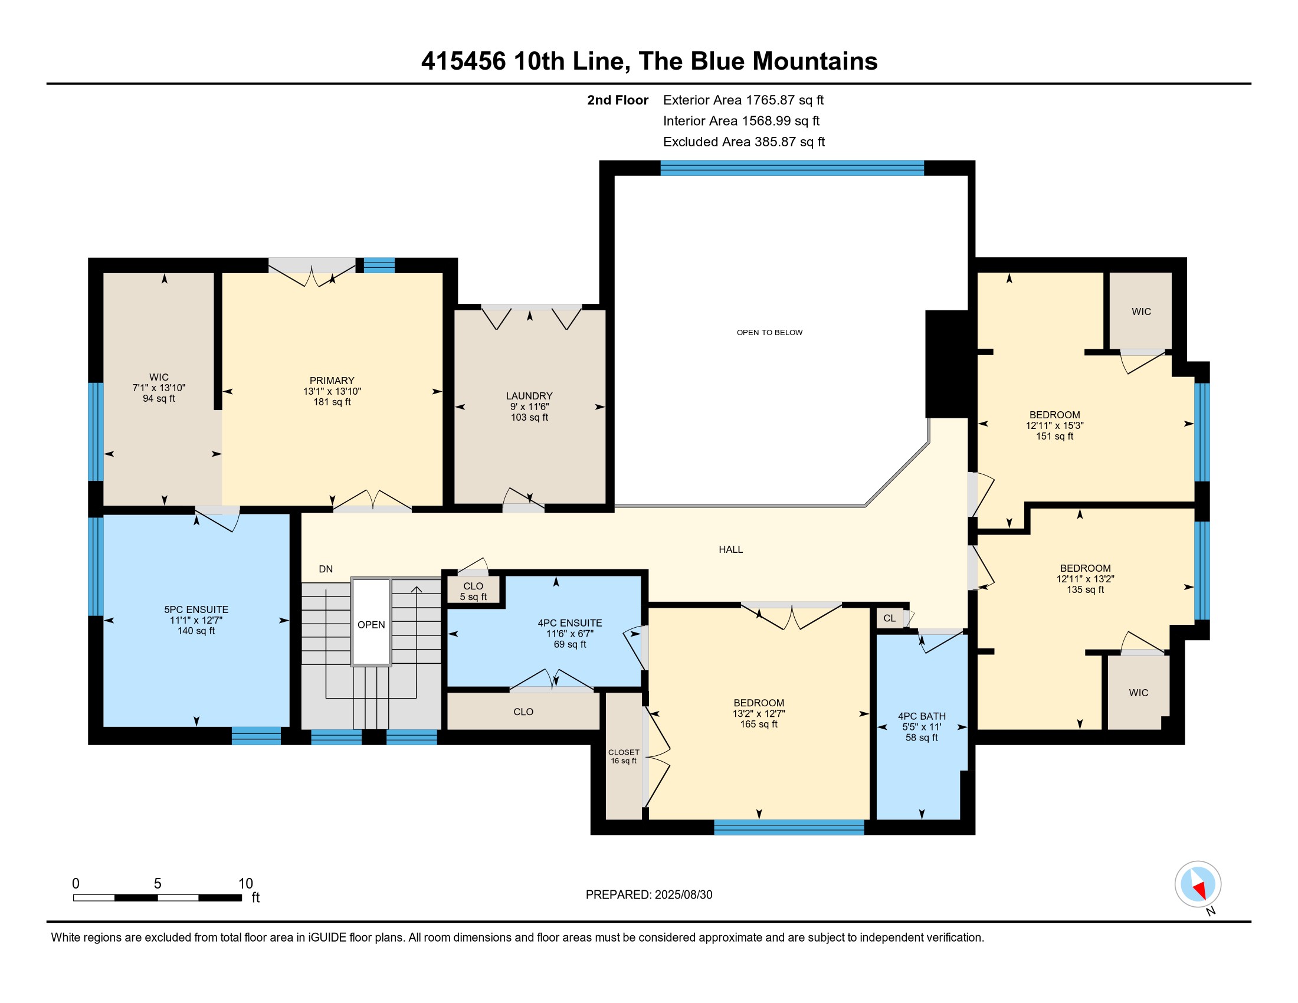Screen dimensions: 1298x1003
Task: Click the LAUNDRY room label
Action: coord(529,396)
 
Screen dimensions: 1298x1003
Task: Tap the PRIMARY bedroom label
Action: coord(332,381)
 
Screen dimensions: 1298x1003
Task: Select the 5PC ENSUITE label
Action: coord(196,609)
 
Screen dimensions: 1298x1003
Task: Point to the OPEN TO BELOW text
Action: coord(769,332)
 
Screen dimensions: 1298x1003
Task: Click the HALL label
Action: coord(730,549)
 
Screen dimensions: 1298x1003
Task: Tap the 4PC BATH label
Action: coord(922,716)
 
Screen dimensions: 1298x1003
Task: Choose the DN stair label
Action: coord(326,569)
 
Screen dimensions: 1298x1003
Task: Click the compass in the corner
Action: coord(1198,884)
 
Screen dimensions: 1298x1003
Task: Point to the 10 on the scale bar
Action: coord(245,883)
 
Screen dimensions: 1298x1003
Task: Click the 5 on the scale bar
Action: coord(158,883)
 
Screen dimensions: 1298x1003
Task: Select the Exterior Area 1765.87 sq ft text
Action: coord(743,100)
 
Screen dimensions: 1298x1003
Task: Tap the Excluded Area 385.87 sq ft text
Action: coord(743,142)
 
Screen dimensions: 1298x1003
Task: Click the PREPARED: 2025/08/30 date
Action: coord(649,894)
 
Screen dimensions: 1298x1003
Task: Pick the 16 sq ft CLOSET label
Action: coord(624,756)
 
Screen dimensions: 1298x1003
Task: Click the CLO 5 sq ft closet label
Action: coord(473,591)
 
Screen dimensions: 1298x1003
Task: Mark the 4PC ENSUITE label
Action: coord(570,622)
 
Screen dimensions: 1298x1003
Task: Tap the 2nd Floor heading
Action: coord(618,100)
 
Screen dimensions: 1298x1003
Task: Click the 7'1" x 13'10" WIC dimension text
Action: coord(159,388)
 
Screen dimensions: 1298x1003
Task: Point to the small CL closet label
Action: coord(889,618)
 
